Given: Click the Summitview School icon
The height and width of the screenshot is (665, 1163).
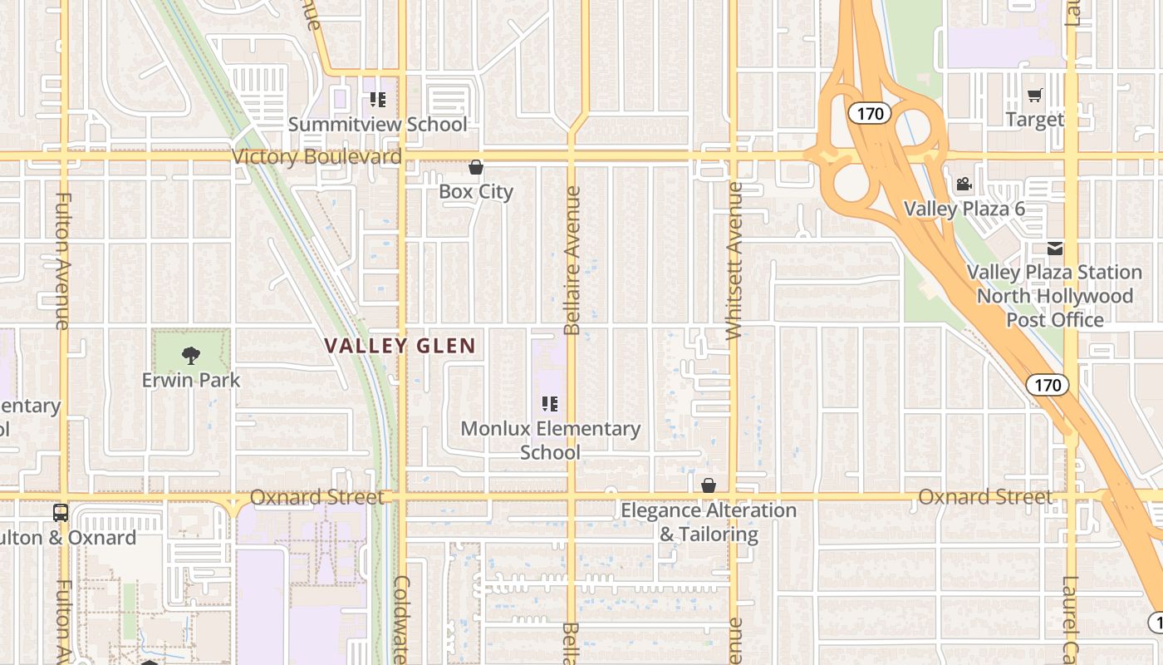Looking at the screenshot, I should point(378,101).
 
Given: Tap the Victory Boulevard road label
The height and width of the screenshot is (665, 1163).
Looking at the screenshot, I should point(317,156).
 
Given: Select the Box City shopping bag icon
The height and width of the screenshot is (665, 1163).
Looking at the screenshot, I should point(476,168).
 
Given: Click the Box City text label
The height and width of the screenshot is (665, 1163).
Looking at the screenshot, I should point(476,192).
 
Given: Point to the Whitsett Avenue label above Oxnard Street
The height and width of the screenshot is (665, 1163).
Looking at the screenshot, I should point(734,261).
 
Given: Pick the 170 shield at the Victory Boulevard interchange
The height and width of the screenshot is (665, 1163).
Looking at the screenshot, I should point(870,113).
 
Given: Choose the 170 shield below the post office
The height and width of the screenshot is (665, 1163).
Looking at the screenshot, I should point(1048,385).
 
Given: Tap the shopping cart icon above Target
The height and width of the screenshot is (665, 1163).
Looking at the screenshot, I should point(1034,96).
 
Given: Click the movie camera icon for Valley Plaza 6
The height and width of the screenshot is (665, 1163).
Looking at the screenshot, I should point(964,185).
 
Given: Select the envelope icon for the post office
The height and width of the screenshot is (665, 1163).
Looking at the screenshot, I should point(1054,249).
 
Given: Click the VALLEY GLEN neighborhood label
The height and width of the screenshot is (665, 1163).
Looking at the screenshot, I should point(400,346).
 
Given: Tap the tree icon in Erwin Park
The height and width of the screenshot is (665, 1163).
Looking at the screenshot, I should point(191,356).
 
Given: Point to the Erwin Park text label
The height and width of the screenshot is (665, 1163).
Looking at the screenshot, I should point(191,381).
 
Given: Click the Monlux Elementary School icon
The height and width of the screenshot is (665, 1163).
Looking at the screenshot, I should point(550,405).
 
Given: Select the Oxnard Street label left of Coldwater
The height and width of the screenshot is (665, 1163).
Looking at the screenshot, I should point(317,497).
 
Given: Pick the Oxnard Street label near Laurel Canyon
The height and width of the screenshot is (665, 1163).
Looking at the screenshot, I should point(985,497).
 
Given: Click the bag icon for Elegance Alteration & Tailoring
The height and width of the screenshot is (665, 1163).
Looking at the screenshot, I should point(709,485).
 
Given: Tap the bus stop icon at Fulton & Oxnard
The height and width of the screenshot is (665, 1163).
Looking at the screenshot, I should point(61,513).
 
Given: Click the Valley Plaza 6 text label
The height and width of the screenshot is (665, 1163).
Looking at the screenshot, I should point(964,209).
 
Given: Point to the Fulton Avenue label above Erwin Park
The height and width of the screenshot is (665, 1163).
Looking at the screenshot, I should point(63,261).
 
